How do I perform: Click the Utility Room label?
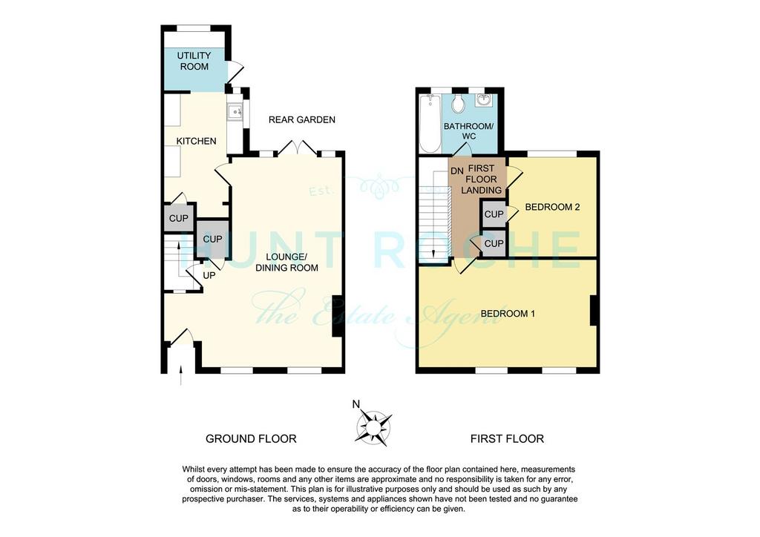(194, 61)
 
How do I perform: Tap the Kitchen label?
(196, 141)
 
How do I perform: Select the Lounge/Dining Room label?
(287, 262)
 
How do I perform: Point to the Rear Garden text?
(302, 119)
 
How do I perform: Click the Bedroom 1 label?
(508, 314)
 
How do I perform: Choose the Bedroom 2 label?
(552, 207)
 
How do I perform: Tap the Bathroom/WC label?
(469, 131)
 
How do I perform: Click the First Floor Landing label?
(481, 179)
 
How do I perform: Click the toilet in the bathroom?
(457, 103)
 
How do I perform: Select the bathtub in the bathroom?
(431, 123)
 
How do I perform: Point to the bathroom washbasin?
(483, 100)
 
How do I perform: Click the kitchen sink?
(236, 112)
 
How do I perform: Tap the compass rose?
(373, 427)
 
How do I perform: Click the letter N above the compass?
(356, 404)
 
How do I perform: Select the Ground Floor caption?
(251, 438)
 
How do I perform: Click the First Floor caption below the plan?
(507, 438)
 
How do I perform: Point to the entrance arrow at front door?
(181, 375)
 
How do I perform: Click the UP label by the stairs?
(209, 275)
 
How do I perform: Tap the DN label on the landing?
(457, 171)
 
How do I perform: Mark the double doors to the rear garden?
(298, 148)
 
